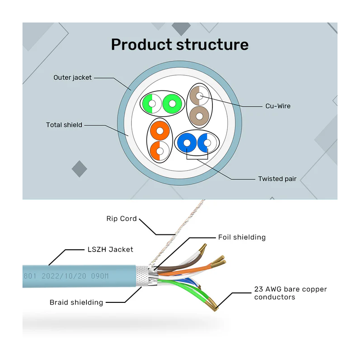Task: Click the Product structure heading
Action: tap(180, 45)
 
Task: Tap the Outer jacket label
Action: tap(72, 77)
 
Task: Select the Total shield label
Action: tap(64, 125)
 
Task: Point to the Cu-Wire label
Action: tap(278, 106)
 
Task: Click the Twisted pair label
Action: tap(277, 179)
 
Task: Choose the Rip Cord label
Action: tap(121, 219)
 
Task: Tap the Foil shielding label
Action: tap(242, 237)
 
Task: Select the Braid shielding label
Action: tap(76, 302)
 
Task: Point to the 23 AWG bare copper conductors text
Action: tap(290, 293)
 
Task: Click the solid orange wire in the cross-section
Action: tap(160, 131)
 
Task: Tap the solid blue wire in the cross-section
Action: tap(186, 144)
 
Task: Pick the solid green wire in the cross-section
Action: tap(171, 104)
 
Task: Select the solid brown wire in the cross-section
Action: tap(199, 116)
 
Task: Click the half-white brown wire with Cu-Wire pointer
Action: tap(199, 95)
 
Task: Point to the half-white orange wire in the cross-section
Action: tap(160, 151)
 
